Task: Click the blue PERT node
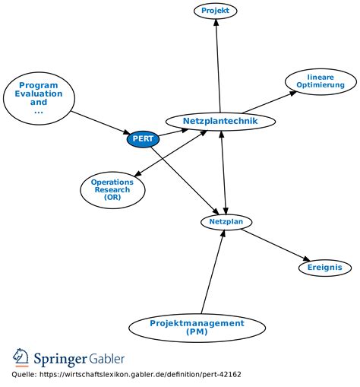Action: pyautogui.click(x=143, y=139)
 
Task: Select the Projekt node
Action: pyautogui.click(x=216, y=11)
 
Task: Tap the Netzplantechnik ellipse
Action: pyautogui.click(x=220, y=121)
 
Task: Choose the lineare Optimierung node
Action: pyautogui.click(x=321, y=81)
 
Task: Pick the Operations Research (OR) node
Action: pyautogui.click(x=112, y=190)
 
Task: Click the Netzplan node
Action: pyautogui.click(x=226, y=222)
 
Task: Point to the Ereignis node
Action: pyautogui.click(x=325, y=268)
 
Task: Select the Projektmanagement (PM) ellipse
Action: pyautogui.click(x=197, y=328)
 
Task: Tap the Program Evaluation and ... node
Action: pyautogui.click(x=39, y=98)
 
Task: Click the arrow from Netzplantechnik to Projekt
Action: pyautogui.click(x=218, y=65)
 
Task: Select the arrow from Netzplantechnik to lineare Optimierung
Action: pyautogui.click(x=269, y=102)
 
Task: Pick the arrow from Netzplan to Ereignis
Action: pyautogui.click(x=276, y=245)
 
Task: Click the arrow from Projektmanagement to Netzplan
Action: pyautogui.click(x=213, y=271)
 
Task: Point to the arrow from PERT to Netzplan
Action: pyautogui.click(x=185, y=181)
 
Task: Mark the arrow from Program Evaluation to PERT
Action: pyautogui.click(x=100, y=122)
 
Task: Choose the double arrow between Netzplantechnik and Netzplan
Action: pyautogui.click(x=224, y=173)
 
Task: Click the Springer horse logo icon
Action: pyautogui.click(x=21, y=357)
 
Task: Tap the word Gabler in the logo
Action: pyautogui.click(x=107, y=359)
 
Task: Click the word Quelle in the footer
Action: pyautogui.click(x=24, y=374)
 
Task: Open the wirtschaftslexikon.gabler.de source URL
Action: pyautogui.click(x=141, y=375)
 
